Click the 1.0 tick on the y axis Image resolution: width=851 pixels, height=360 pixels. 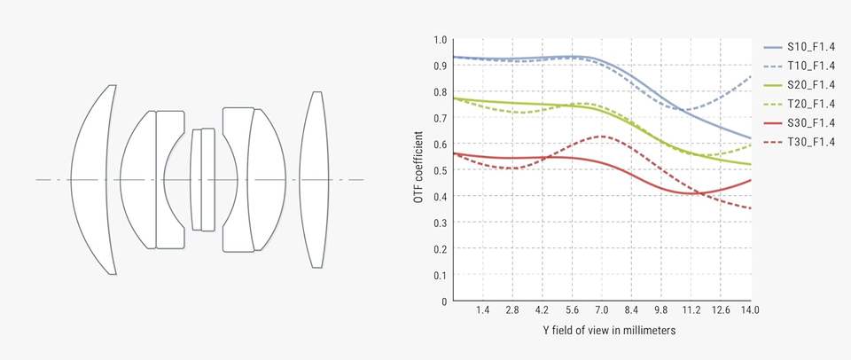pos(441,40)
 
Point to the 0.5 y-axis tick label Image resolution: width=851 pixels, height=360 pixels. pos(441,170)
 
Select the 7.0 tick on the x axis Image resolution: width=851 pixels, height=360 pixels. pos(602,310)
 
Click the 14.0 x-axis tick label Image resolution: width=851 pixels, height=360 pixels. pos(750,310)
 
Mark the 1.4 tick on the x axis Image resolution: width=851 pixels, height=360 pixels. pos(483,310)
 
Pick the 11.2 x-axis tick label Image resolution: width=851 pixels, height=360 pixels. pos(691,310)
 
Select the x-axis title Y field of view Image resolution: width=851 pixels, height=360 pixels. pos(602,331)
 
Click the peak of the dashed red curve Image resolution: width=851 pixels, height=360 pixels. pos(602,136)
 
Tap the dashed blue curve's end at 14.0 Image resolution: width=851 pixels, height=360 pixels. pos(750,76)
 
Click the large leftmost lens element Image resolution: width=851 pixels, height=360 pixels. pos(95,179)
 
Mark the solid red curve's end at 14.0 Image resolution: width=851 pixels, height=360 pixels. pos(750,180)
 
